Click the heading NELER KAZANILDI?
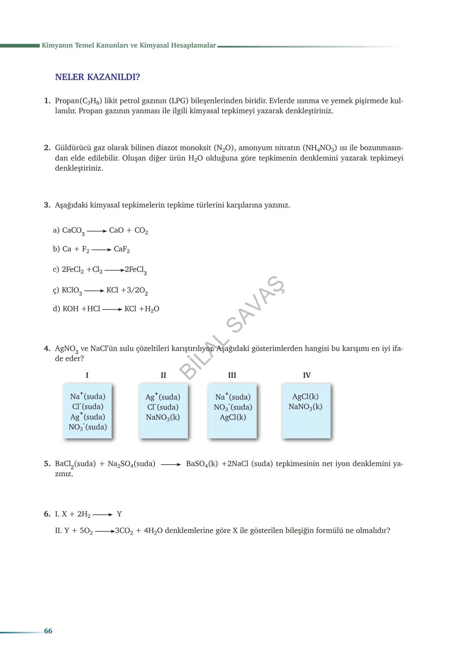coord(97,77)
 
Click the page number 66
coord(48,631)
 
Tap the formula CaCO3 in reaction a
coord(73,231)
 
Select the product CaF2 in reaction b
coord(122,249)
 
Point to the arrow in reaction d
coord(112,309)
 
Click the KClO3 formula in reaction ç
coord(72,290)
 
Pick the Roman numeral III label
coord(232,375)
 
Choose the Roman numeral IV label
coord(307,375)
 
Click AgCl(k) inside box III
coord(233,417)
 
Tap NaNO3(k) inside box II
coord(163,417)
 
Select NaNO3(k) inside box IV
coord(305,407)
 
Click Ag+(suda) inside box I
coord(88,417)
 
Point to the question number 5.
coord(47,464)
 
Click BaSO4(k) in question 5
coord(202,464)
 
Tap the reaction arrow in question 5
coord(171,464)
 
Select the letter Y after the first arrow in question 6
coord(119,514)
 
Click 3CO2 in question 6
coord(124,531)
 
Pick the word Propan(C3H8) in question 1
coord(78,101)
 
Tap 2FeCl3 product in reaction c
coord(135,270)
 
